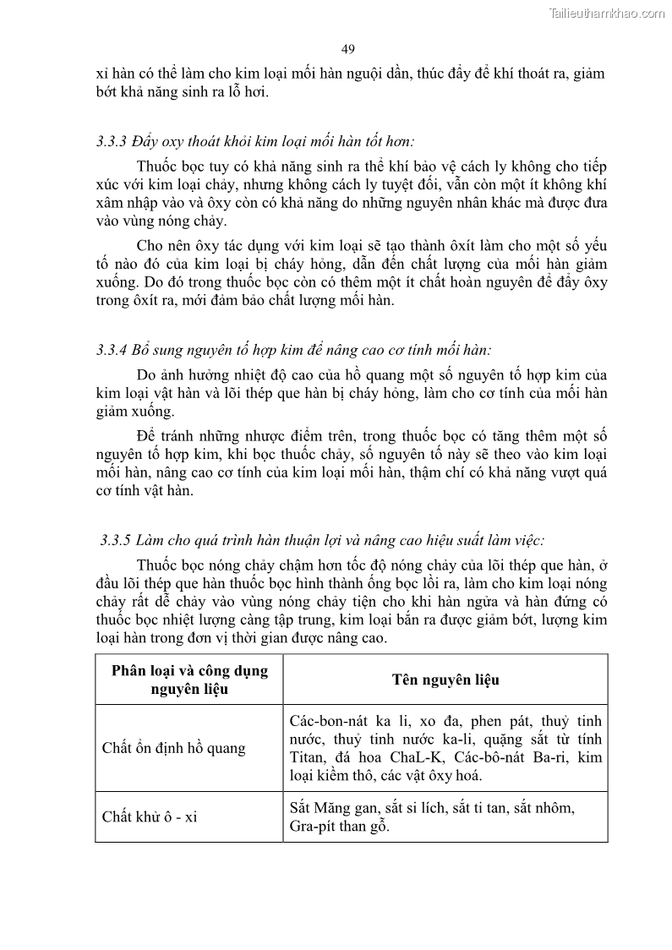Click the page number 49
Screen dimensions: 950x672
click(348, 49)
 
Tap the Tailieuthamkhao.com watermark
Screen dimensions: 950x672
click(607, 13)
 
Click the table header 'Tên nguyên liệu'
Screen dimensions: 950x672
click(445, 680)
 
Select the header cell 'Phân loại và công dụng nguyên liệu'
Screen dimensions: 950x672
click(188, 680)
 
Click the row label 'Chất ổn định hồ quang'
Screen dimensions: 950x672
click(173, 748)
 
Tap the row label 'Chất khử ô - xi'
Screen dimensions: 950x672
click(150, 816)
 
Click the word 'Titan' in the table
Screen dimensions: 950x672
click(306, 756)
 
